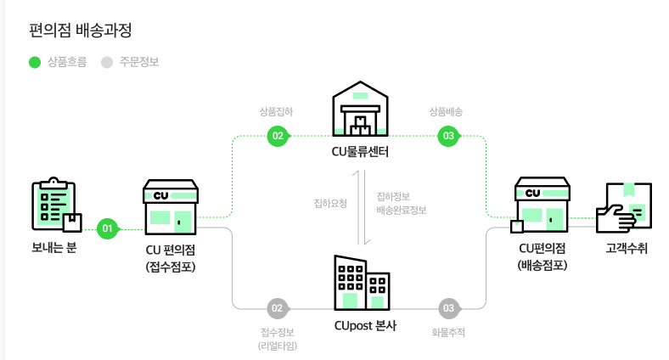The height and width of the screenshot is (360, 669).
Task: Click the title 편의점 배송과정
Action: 81,30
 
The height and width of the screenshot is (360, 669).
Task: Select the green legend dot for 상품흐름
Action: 35,62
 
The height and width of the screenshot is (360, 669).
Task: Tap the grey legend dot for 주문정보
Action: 107,62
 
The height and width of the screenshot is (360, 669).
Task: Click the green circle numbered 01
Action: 107,228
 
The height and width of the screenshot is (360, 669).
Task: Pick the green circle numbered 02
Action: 277,136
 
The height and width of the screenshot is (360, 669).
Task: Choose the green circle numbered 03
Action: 447,136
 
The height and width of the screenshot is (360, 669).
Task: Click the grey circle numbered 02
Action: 277,307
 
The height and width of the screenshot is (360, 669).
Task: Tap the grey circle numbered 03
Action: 447,307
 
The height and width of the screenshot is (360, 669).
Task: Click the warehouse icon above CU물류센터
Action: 360,110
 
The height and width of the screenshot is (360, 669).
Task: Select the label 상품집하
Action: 276,111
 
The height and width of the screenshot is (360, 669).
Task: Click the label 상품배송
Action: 447,111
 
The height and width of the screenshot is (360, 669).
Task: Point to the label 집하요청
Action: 330,203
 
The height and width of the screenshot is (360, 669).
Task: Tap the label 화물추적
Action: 448,332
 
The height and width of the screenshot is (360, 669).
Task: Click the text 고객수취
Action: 627,249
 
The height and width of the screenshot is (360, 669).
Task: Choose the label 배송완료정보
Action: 401,210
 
